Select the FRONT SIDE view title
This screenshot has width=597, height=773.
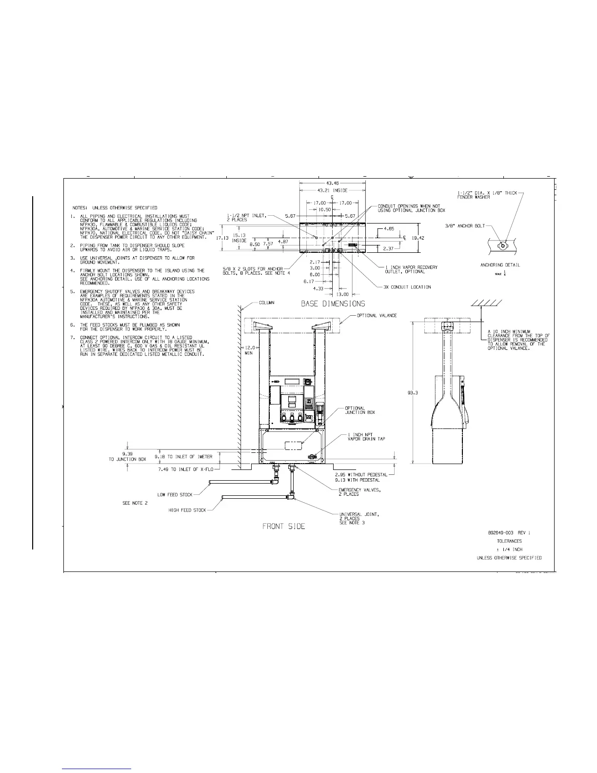point(284,526)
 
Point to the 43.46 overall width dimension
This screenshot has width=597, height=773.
point(332,183)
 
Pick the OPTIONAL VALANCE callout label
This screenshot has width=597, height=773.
point(377,316)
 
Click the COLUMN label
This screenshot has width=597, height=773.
point(266,303)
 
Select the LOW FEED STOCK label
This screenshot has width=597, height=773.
point(175,495)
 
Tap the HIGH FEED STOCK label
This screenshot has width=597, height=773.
point(187,510)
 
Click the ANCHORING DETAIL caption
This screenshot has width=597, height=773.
point(500,265)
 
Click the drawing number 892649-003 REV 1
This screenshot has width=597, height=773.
point(505,532)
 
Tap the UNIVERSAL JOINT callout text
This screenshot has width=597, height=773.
point(359,514)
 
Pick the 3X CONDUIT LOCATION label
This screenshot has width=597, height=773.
point(407,287)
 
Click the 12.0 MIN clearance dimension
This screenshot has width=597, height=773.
point(249,350)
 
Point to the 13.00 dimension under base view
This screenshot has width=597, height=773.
point(343,294)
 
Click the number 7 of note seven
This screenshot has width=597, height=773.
point(72,338)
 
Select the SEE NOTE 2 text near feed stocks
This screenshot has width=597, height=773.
point(135,503)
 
